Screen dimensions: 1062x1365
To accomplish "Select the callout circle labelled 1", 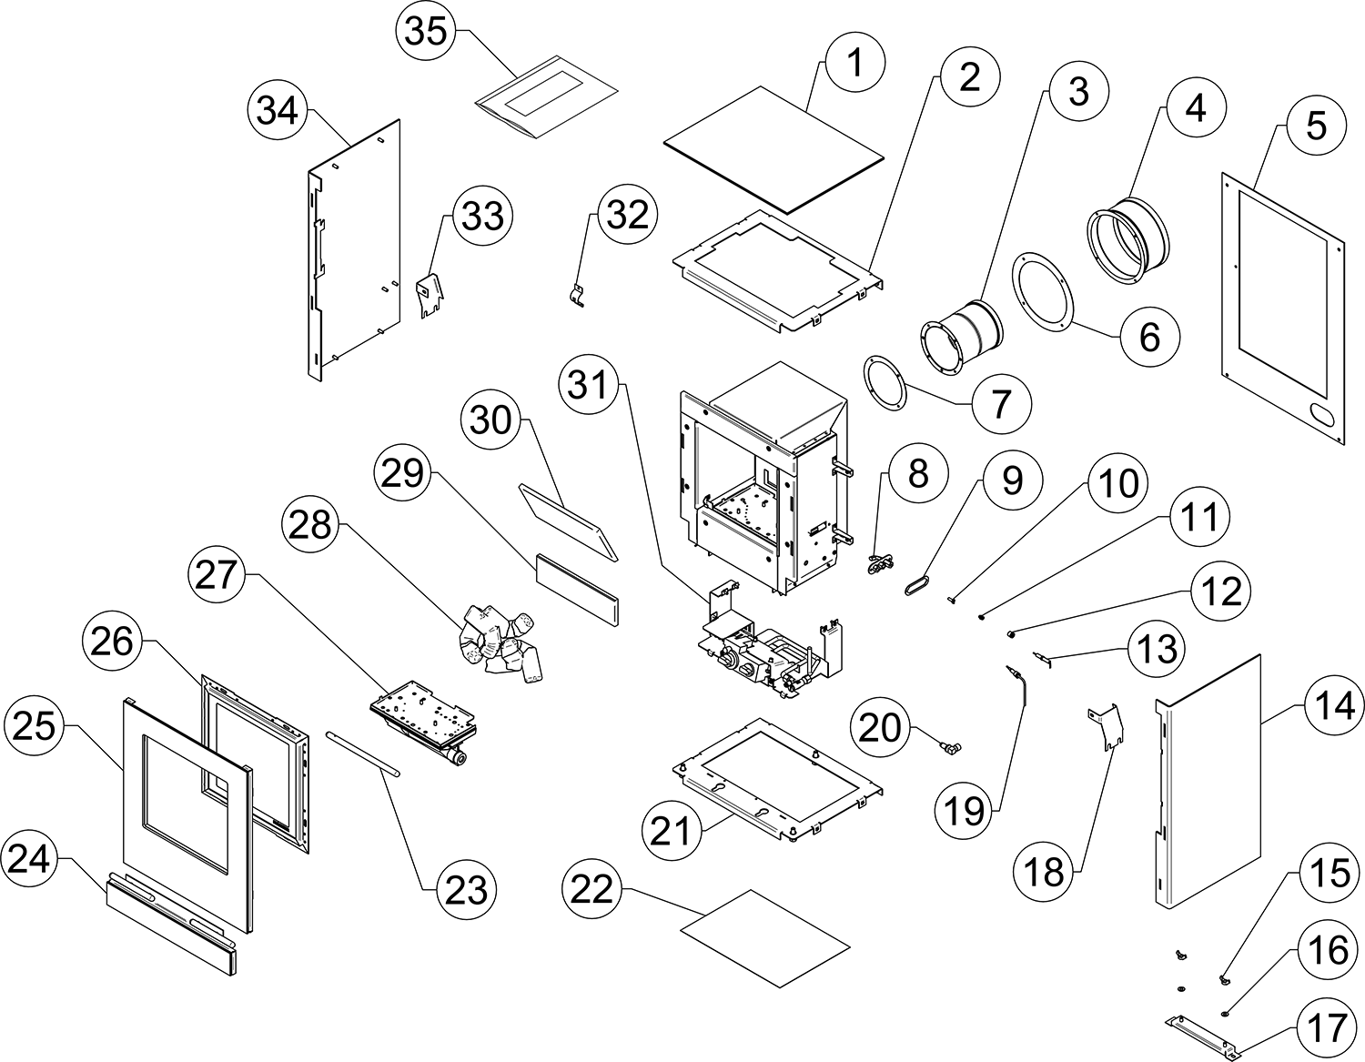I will pyautogui.click(x=854, y=64).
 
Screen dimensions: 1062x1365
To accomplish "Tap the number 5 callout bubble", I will pyautogui.click(x=1317, y=126).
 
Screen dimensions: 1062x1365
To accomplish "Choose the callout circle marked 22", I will pyautogui.click(x=592, y=888).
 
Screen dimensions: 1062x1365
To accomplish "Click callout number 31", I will pyautogui.click(x=589, y=386).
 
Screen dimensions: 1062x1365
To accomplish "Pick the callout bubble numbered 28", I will pyautogui.click(x=311, y=525).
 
